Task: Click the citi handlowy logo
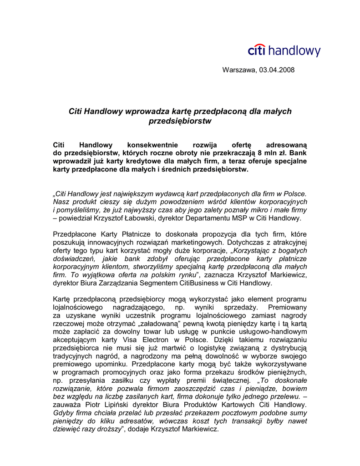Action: pyautogui.click(x=284, y=51)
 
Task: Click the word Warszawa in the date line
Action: pyautogui.click(x=239, y=70)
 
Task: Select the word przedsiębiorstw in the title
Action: pyautogui.click(x=180, y=122)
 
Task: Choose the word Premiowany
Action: pyautogui.click(x=287, y=308)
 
